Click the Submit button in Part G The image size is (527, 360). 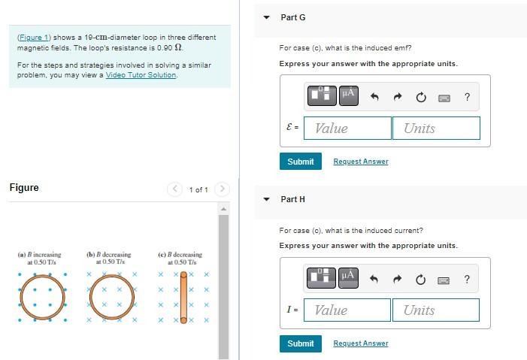coord(301,162)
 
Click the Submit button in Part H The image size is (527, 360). coord(301,343)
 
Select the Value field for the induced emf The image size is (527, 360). coord(347,128)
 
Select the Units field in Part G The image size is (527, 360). coord(436,128)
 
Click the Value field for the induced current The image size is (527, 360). coord(347,310)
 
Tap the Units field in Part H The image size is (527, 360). coord(435,310)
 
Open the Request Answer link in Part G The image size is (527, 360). coord(361,162)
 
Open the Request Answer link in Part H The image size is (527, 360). coord(361,343)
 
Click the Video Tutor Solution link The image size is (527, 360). coord(141,75)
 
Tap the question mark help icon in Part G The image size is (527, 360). coord(468,97)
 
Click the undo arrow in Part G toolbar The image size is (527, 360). coord(374,97)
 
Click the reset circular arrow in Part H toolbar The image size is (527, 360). coord(420,280)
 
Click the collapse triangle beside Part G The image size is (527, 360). coord(266,17)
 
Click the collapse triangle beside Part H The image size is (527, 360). coord(266,199)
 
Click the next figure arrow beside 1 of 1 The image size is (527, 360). coord(223,189)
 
